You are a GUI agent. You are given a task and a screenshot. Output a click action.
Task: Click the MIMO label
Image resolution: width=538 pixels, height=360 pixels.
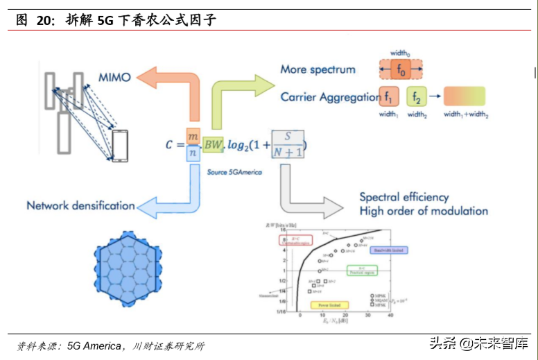pyautogui.click(x=114, y=77)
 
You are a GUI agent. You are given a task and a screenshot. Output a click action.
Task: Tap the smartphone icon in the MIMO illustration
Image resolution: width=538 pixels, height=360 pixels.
pyautogui.click(x=120, y=146)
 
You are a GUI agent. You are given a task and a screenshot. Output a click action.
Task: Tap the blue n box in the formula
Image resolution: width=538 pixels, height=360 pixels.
pyautogui.click(x=193, y=153)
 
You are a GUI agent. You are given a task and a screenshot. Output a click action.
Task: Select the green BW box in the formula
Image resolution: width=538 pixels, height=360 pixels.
pyautogui.click(x=213, y=144)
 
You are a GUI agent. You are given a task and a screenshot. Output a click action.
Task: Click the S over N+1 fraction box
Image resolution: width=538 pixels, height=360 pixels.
pyautogui.click(x=288, y=144)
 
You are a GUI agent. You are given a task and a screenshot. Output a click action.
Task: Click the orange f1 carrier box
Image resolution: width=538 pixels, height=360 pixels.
pyautogui.click(x=389, y=96)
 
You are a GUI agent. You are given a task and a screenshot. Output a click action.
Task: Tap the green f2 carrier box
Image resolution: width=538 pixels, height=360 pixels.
pyautogui.click(x=416, y=96)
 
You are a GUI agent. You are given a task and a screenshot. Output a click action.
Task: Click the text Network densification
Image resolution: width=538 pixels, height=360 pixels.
pyautogui.click(x=80, y=205)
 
